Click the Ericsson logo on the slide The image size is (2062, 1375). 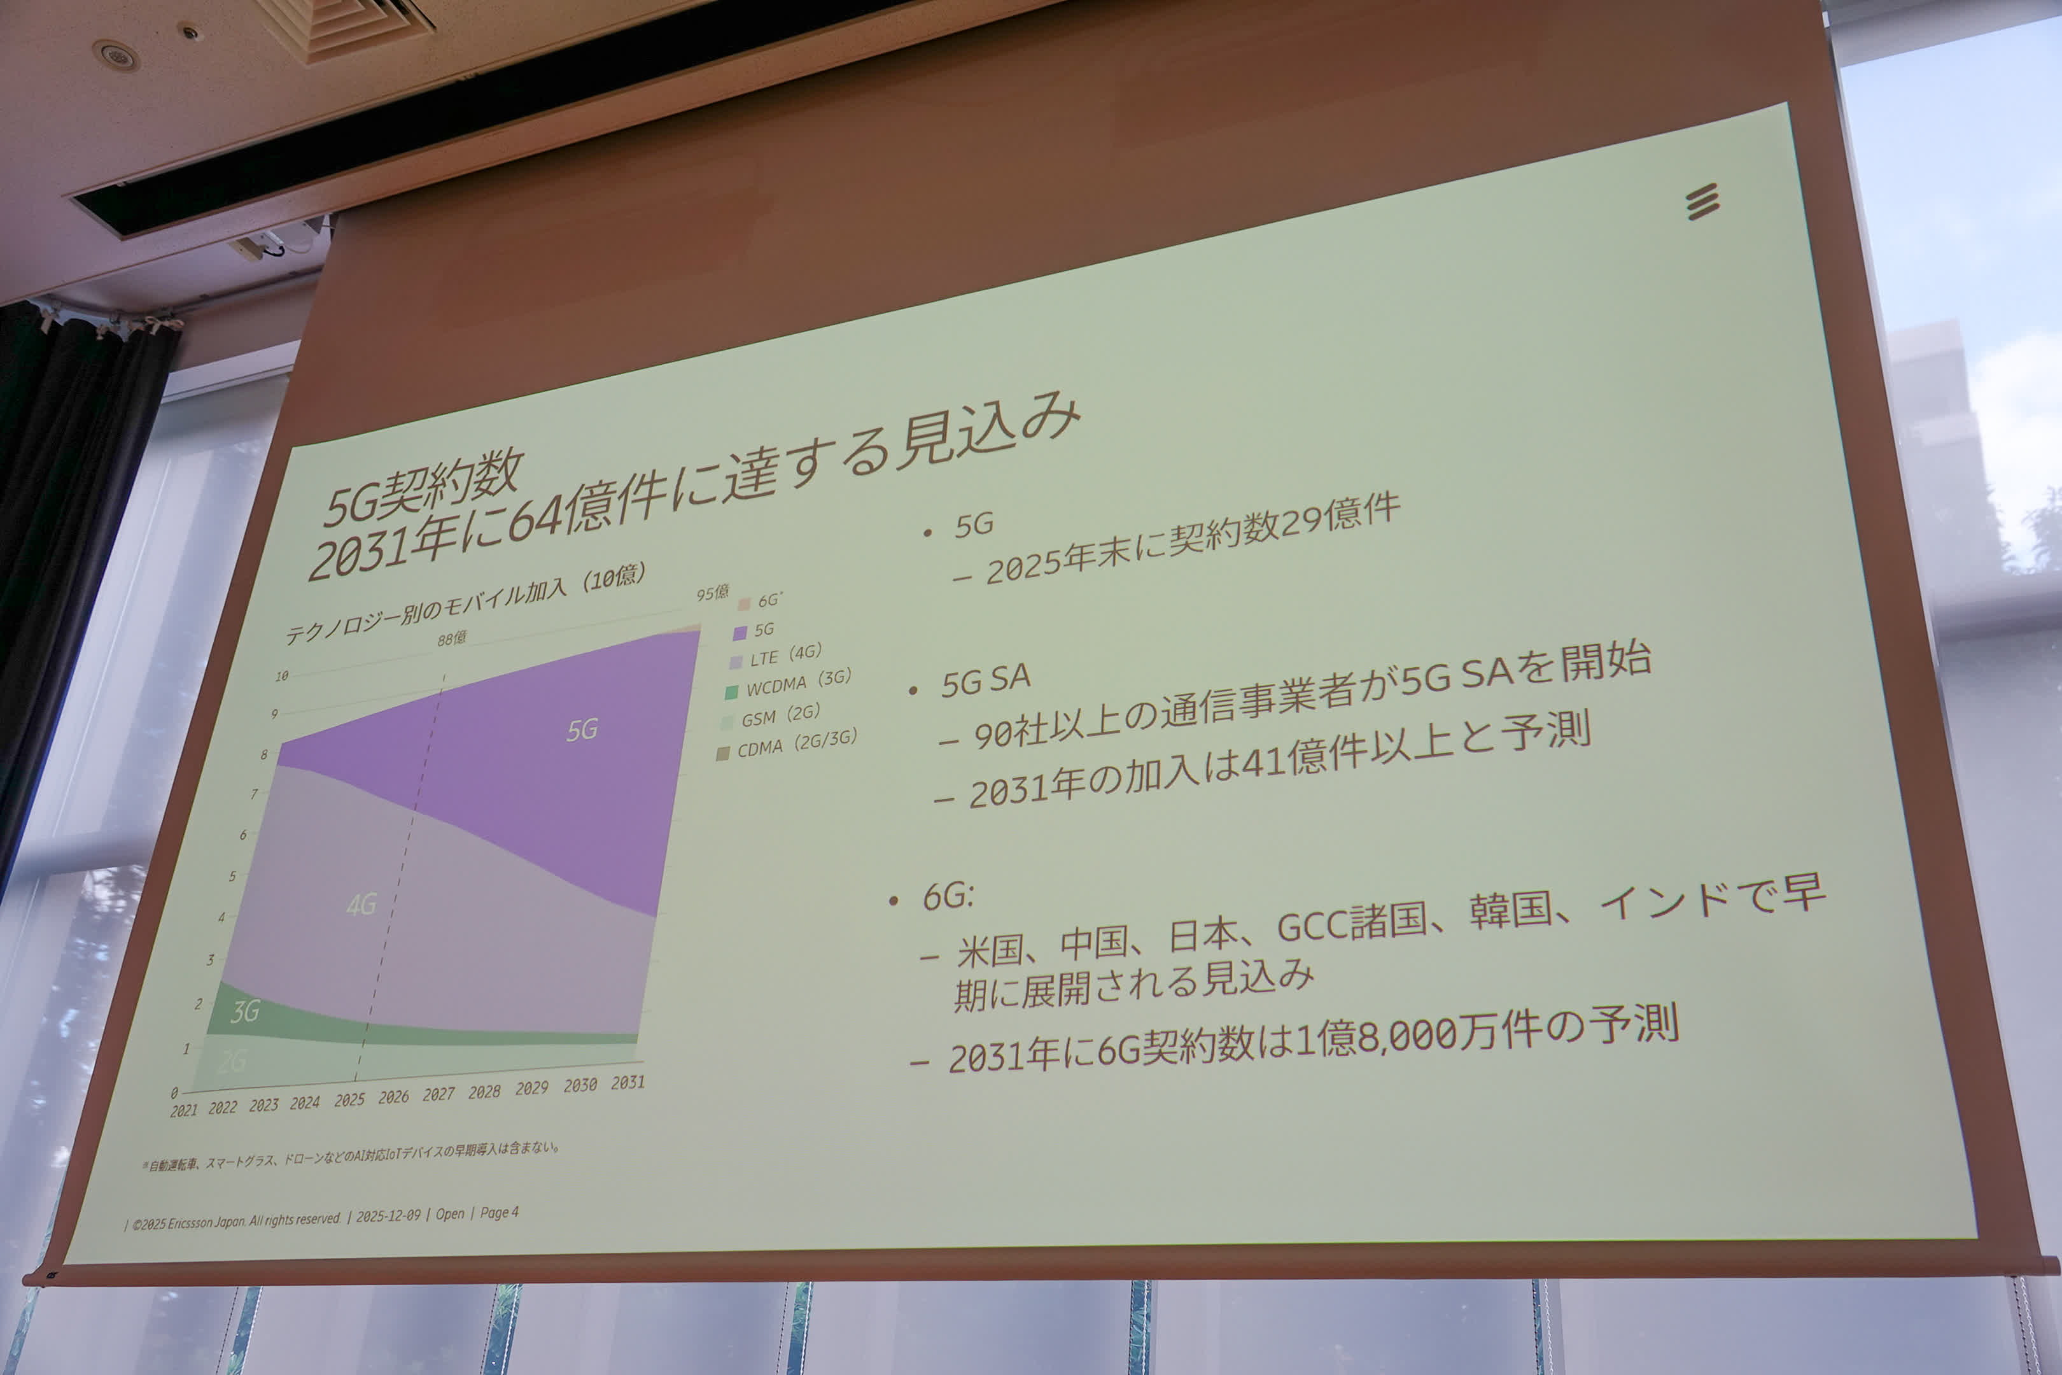click(1702, 202)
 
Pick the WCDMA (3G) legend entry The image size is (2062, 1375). click(789, 684)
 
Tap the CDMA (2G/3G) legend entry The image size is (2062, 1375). click(787, 745)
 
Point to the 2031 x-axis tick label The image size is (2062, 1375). click(628, 1083)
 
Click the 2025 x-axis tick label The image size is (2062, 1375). click(349, 1099)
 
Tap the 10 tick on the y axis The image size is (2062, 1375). click(281, 676)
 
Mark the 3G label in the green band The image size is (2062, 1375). click(244, 1012)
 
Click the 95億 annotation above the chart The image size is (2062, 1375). click(713, 593)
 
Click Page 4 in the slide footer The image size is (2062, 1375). click(499, 1213)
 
